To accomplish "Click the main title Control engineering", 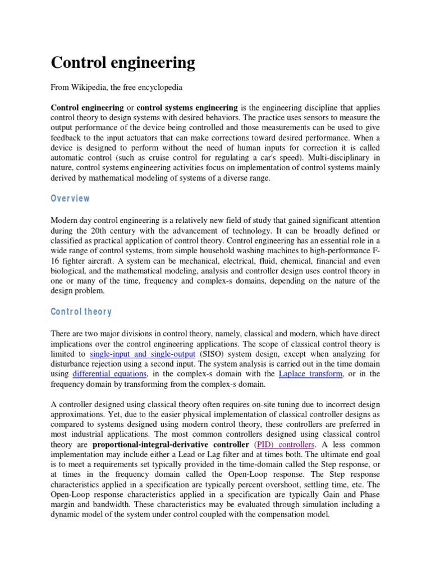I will [123, 62].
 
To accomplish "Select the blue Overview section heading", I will [70, 198].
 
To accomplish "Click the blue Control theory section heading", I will [81, 312].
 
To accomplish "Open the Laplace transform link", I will [310, 373].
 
